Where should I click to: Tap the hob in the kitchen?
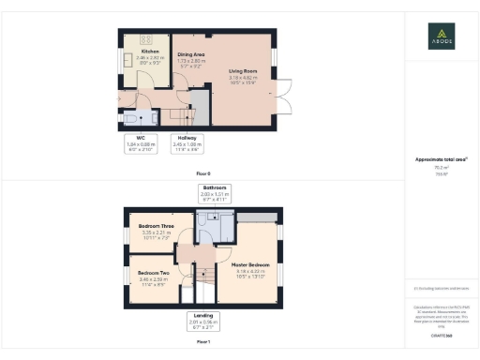coord(147,39)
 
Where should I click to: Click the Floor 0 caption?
coord(203,174)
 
